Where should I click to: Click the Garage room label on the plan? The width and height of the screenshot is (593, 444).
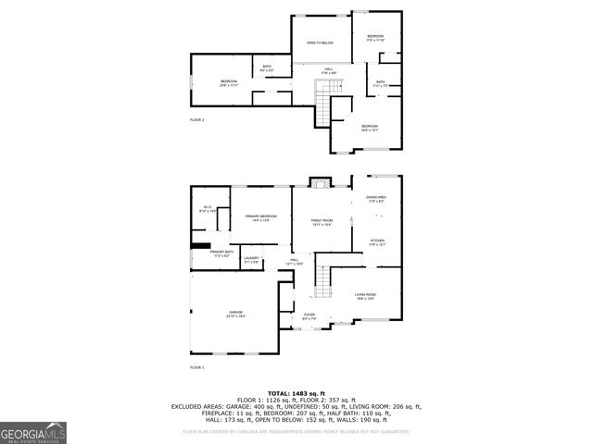236,314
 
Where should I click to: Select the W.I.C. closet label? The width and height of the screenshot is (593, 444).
208,209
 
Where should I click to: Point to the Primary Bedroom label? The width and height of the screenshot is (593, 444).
257,217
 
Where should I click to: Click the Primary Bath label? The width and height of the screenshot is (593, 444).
220,253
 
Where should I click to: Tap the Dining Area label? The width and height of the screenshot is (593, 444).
375,199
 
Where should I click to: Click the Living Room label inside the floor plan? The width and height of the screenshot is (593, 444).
365,296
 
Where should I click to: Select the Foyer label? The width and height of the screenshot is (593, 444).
309,316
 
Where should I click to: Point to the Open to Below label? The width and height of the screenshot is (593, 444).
320,43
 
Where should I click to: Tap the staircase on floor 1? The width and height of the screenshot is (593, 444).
322,278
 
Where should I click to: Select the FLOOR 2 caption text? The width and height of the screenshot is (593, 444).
197,120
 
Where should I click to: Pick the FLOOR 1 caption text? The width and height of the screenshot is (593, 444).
197,367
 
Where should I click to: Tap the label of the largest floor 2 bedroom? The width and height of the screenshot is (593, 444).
230,82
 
